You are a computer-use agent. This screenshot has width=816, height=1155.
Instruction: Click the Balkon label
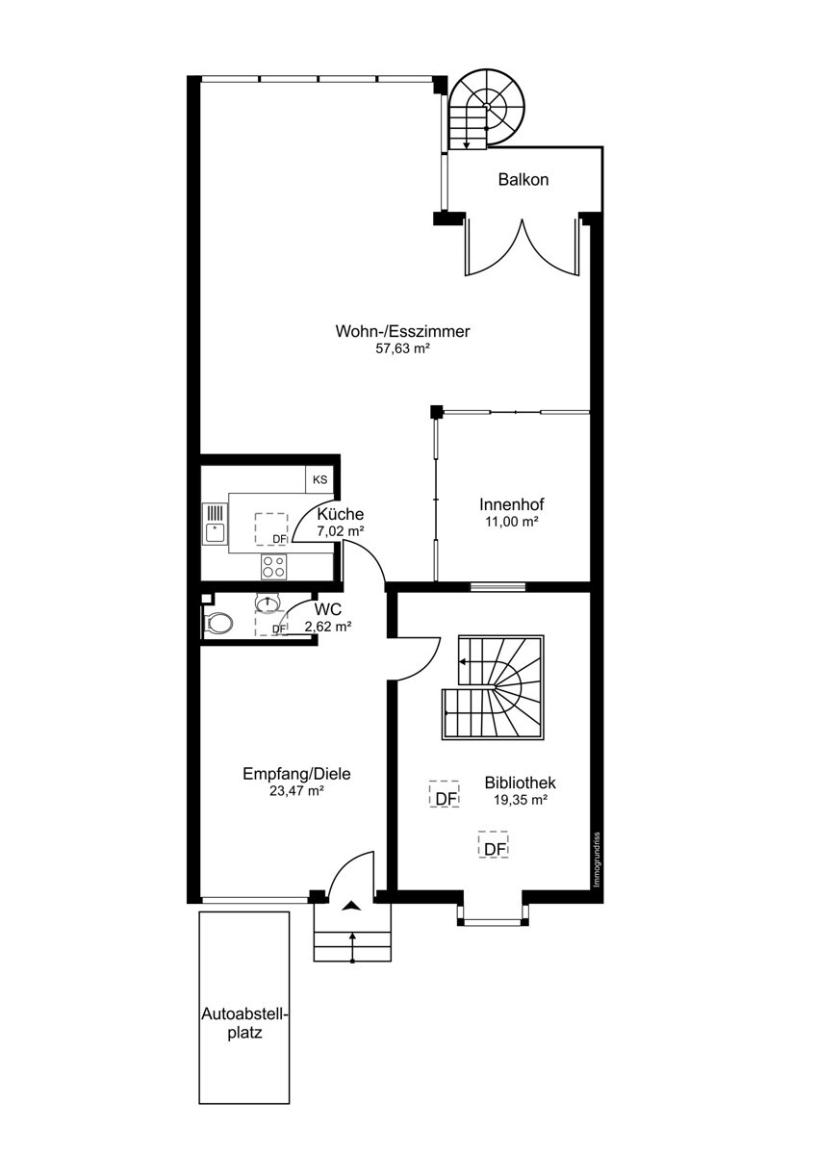pyautogui.click(x=523, y=180)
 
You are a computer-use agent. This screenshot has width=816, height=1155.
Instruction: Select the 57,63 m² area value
pyautogui.click(x=402, y=348)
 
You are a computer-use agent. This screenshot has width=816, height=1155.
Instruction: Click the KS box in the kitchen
pyautogui.click(x=319, y=479)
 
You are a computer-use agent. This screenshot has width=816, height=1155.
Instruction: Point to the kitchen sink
pyautogui.click(x=215, y=524)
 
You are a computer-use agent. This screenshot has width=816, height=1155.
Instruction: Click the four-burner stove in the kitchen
pyautogui.click(x=274, y=566)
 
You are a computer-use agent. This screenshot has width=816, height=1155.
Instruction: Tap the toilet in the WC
pyautogui.click(x=218, y=624)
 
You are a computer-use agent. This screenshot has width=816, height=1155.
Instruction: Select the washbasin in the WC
pyautogui.click(x=268, y=603)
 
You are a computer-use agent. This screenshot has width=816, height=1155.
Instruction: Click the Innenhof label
pyautogui.click(x=512, y=503)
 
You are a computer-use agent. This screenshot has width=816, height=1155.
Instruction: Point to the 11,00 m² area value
pyautogui.click(x=512, y=522)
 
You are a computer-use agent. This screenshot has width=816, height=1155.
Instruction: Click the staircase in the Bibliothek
pyautogui.click(x=493, y=687)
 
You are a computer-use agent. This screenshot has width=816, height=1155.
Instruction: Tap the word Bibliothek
pyautogui.click(x=521, y=783)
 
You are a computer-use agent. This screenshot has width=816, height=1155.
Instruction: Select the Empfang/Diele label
pyautogui.click(x=296, y=774)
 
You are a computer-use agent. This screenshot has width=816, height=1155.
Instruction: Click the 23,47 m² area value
pyautogui.click(x=296, y=791)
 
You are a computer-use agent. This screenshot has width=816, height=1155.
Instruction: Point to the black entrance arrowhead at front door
pyautogui.click(x=352, y=906)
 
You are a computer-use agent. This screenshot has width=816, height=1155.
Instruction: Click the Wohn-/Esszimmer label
pyautogui.click(x=402, y=331)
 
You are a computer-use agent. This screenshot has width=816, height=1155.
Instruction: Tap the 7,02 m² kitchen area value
pyautogui.click(x=341, y=531)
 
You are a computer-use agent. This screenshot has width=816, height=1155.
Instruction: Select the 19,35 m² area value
pyautogui.click(x=521, y=800)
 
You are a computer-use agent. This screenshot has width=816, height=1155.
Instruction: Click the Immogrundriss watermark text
pyautogui.click(x=597, y=859)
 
